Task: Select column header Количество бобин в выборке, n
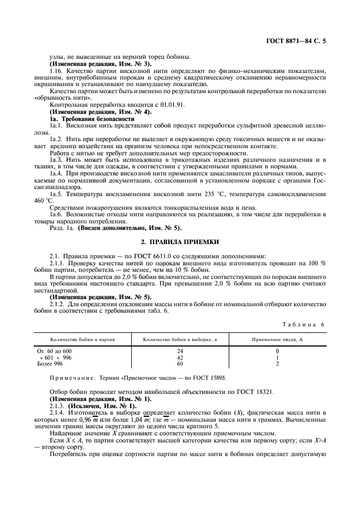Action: click(180, 339)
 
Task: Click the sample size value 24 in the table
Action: click(180, 351)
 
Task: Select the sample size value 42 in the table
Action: click(180, 357)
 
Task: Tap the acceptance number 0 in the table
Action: click(277, 351)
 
